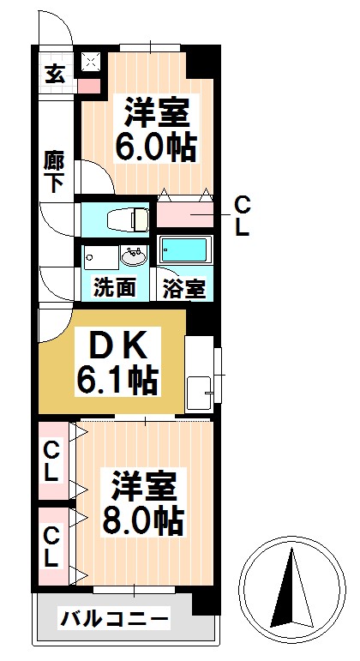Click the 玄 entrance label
[x=55, y=74]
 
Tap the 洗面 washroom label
[x=114, y=287]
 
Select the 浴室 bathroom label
[x=184, y=287]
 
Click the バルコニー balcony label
[x=114, y=617]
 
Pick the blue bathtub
[x=184, y=250]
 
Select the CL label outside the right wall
[x=243, y=216]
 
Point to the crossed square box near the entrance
[x=90, y=61]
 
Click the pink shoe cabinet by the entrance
[x=89, y=84]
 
